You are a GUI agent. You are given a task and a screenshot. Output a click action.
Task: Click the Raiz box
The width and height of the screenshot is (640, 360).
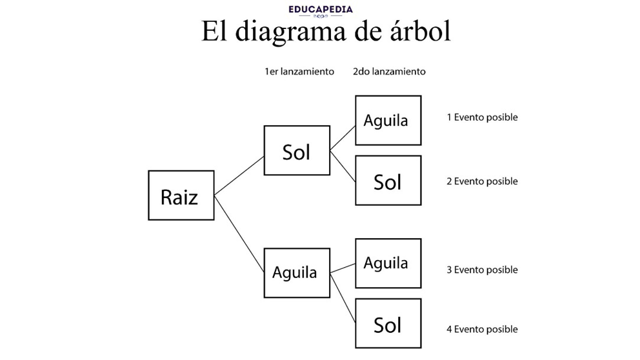click(x=181, y=195)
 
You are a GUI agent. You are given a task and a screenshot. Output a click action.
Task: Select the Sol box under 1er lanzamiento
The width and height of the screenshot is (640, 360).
click(x=297, y=151)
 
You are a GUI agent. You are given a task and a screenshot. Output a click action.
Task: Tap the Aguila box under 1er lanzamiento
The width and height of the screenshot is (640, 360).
click(x=297, y=272)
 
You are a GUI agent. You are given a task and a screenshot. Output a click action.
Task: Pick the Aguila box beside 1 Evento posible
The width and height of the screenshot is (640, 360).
click(x=388, y=121)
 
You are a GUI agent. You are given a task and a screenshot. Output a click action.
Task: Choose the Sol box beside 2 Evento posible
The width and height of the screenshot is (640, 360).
click(x=388, y=181)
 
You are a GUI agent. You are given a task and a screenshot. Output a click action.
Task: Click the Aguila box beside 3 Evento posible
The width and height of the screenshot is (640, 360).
click(x=388, y=263)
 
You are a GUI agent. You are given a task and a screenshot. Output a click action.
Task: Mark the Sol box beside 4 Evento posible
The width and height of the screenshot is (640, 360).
click(x=388, y=324)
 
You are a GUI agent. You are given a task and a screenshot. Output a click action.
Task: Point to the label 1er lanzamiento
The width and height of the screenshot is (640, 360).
click(x=299, y=72)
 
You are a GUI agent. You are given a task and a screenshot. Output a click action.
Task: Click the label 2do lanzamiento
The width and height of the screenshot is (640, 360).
click(x=389, y=72)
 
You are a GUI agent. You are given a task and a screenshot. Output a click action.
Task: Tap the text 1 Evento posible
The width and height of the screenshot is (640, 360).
click(x=482, y=117)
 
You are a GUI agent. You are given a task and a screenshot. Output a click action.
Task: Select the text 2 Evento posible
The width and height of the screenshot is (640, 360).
click(x=482, y=181)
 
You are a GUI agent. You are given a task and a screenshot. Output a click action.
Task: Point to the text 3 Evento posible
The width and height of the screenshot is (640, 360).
click(x=482, y=270)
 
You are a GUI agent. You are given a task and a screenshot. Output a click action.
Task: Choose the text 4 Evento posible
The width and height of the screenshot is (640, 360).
click(x=482, y=329)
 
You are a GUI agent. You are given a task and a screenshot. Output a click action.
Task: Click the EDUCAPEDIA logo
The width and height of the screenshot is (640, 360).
click(x=321, y=11)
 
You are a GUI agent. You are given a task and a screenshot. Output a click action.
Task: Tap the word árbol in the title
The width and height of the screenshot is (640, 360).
click(x=417, y=32)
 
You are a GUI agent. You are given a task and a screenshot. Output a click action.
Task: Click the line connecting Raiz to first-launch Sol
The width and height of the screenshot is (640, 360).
click(x=239, y=175)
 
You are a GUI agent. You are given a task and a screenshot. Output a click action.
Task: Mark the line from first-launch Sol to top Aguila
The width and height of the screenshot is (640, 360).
click(x=343, y=137)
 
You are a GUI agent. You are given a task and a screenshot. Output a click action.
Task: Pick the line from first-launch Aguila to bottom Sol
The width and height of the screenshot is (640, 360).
click(x=343, y=295)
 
